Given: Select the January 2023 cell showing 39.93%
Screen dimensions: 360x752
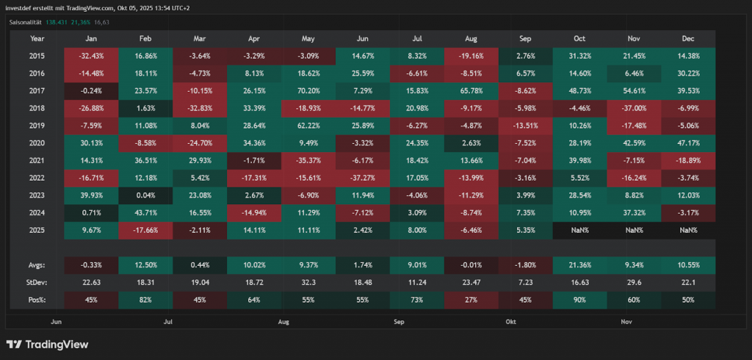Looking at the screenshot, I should [x=91, y=195].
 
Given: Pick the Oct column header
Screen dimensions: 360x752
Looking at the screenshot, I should [x=579, y=38].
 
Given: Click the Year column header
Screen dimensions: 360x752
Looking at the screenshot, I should [x=37, y=38].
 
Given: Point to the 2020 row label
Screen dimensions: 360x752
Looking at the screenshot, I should [x=37, y=143].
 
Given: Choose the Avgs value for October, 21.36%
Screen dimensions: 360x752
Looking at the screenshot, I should [x=579, y=264].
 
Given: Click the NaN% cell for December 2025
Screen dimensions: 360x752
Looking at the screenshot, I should [x=689, y=229].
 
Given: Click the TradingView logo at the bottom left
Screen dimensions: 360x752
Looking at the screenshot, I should [x=47, y=344].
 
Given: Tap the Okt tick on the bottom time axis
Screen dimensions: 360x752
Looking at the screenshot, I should [x=511, y=322].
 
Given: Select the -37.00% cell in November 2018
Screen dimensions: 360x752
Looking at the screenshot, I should [x=634, y=108].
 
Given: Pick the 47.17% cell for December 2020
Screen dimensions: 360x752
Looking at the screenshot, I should [x=689, y=143].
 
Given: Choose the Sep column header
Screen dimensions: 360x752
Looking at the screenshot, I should [x=525, y=38].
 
